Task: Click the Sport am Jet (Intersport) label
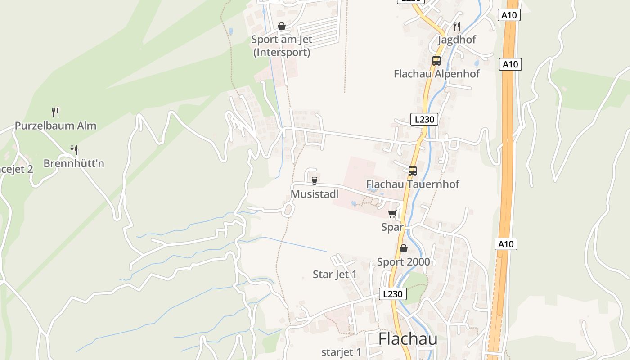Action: point(282,46)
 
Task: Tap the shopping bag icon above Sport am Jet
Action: point(282,26)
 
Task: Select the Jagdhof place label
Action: point(457,40)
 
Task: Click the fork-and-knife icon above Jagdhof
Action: point(457,26)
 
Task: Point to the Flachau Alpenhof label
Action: point(436,74)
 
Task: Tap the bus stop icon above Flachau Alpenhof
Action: point(436,61)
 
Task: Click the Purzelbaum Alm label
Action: point(55,126)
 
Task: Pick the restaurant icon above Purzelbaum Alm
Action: point(55,112)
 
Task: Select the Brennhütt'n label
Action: point(74,163)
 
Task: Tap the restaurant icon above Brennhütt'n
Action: point(74,150)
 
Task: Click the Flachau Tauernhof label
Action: point(413,184)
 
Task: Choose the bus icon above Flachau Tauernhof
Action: point(412,171)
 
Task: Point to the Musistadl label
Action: point(315,194)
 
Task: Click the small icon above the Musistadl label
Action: point(314,181)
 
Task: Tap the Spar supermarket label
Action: point(392,227)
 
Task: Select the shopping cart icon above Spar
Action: point(392,214)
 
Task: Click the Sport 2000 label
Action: point(403,262)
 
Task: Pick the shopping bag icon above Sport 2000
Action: point(403,248)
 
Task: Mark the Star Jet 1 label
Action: point(335,274)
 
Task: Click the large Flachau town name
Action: point(408,339)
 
